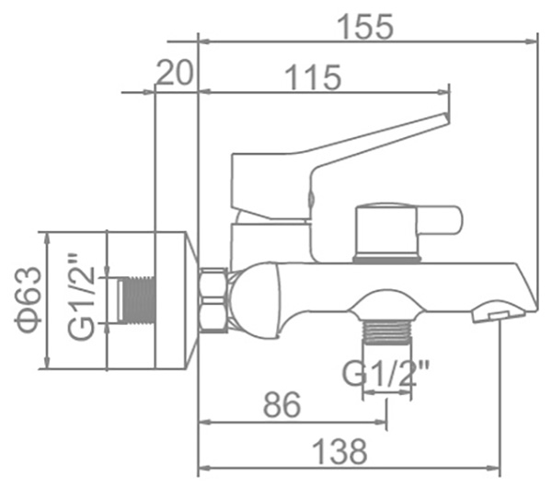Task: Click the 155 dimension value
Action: [364, 27]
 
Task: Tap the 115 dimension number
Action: [313, 77]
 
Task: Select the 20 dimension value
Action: [175, 72]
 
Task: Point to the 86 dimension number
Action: [282, 404]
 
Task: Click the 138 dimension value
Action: [339, 451]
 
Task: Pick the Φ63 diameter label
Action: [29, 300]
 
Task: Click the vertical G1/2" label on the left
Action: [81, 297]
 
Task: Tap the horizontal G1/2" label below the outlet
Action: [386, 374]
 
